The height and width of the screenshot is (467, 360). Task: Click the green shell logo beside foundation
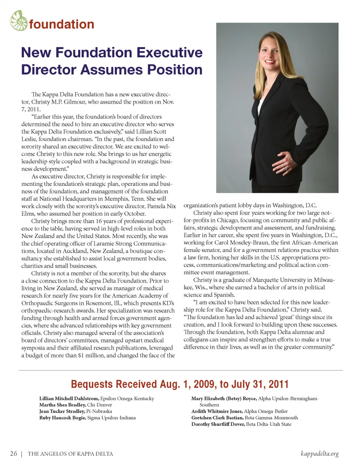(x=19, y=21)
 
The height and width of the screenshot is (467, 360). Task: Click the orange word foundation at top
(x=61, y=24)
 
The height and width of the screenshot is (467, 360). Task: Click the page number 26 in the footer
(x=13, y=453)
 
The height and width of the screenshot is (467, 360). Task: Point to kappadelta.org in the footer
(x=319, y=453)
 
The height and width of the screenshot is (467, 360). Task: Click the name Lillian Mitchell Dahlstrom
(x=69, y=398)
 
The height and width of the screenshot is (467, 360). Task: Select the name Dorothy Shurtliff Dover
(x=218, y=424)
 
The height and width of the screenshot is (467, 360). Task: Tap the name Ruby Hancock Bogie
(x=63, y=417)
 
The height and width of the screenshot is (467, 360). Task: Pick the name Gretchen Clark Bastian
(x=217, y=417)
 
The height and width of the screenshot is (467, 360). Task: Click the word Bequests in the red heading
(x=91, y=384)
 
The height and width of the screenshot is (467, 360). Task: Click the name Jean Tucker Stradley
(x=62, y=411)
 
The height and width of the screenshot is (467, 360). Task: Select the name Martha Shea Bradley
(x=62, y=405)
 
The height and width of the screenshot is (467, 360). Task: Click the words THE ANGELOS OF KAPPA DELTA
(x=70, y=454)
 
